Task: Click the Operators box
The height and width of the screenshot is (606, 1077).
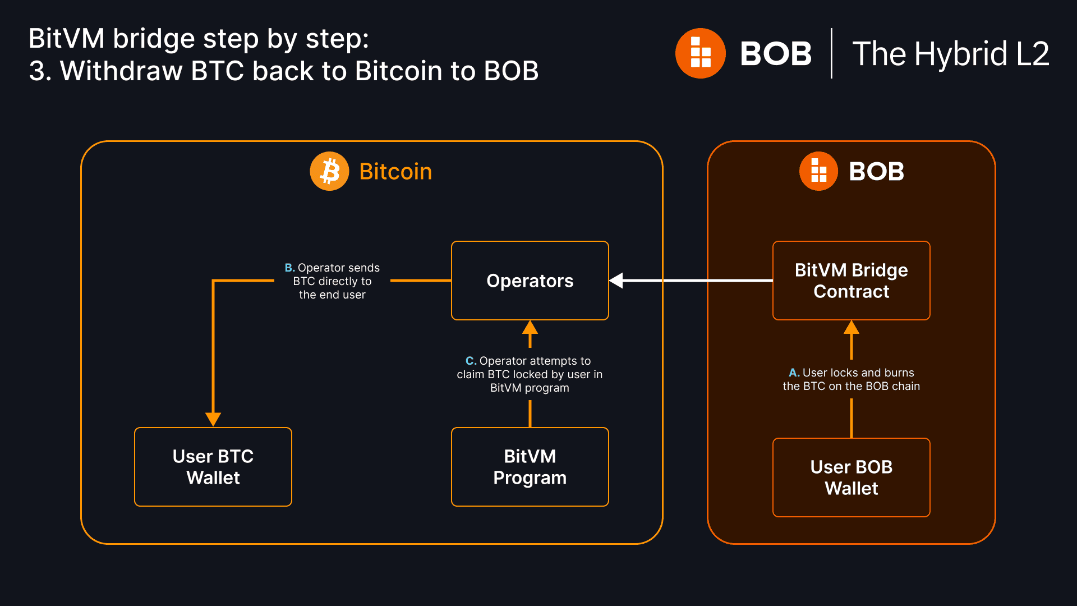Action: coord(530,281)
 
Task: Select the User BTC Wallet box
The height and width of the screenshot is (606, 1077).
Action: coord(213,467)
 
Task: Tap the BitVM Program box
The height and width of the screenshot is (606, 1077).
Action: coord(530,467)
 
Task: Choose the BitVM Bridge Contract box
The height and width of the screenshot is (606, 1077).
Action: coord(851,281)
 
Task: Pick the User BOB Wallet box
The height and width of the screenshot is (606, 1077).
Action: coord(851,478)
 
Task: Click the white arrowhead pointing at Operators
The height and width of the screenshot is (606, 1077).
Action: coord(616,281)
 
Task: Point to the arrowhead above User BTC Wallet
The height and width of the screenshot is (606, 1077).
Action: coord(213,419)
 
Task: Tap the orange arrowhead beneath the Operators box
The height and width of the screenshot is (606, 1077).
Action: coord(530,327)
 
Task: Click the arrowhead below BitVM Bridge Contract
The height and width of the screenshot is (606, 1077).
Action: coord(852,327)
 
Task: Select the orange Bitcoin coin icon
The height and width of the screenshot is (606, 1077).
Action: coord(330,171)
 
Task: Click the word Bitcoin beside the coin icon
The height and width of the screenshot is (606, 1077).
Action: coord(395,172)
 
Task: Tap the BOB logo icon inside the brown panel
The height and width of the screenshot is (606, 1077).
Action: coord(818,171)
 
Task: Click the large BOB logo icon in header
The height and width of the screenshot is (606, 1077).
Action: coord(701,53)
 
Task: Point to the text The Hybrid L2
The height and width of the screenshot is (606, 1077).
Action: coord(950,54)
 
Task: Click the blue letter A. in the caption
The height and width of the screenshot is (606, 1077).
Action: coord(794,373)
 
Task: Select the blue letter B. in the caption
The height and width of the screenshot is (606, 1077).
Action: coord(289,268)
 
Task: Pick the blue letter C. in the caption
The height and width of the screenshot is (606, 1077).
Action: coord(471,361)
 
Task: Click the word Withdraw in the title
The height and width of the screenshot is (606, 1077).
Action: coord(121,71)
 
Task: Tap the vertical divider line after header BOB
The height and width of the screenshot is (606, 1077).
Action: coord(831,53)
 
